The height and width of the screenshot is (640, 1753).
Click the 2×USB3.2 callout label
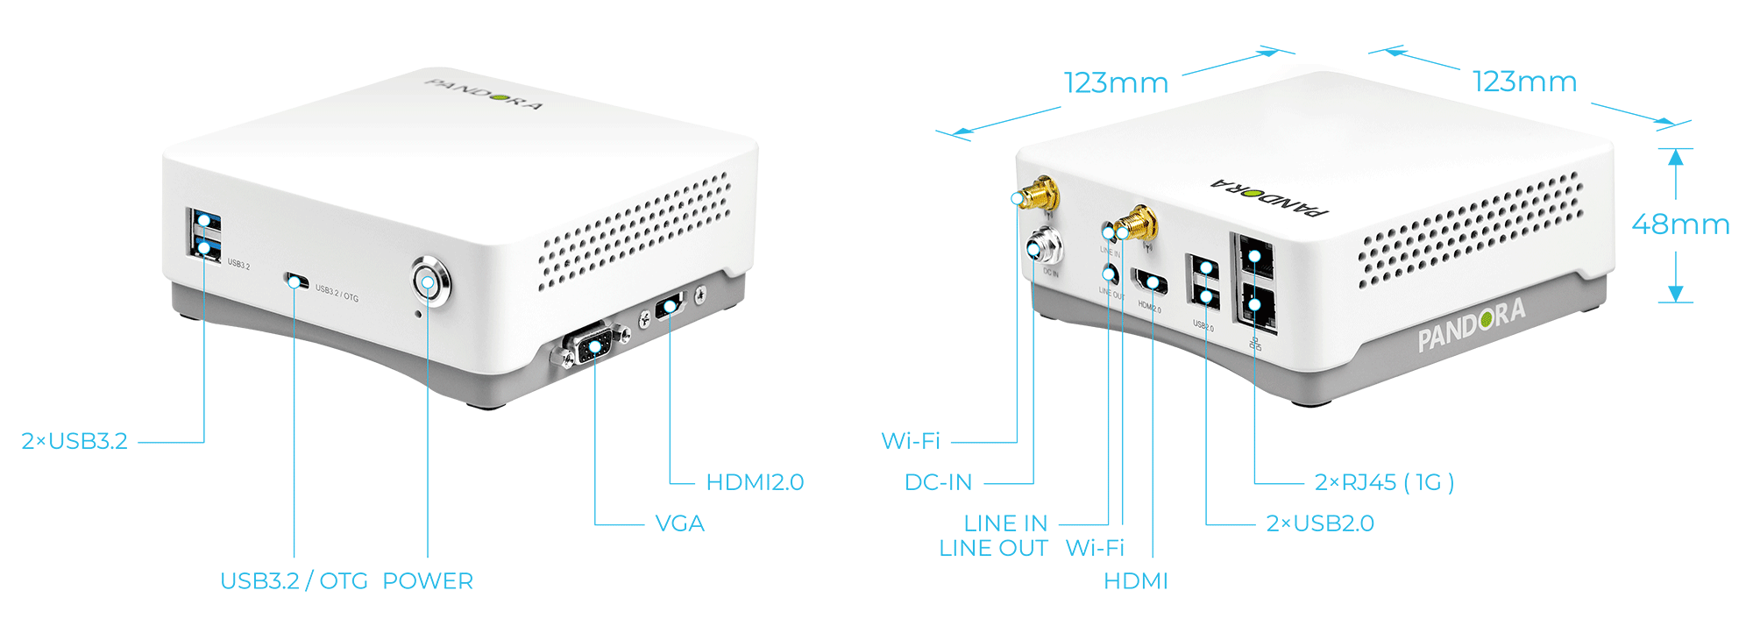coord(75,441)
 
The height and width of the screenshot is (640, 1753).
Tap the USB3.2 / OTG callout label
coord(294,581)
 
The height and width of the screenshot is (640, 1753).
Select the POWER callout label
coord(428,581)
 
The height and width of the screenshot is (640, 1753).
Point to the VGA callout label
coord(680,524)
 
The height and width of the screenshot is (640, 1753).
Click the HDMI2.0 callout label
coord(755,482)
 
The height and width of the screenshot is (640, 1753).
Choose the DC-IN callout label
coord(938,482)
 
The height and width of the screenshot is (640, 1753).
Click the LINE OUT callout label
coord(993,549)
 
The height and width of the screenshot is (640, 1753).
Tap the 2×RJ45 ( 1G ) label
coord(1384,482)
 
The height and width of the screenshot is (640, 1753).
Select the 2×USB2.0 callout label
coord(1320,524)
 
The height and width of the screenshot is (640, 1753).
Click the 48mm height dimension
coord(1680,224)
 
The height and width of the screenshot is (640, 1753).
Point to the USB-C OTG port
coord(296,281)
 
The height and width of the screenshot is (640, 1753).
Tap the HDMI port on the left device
coord(670,307)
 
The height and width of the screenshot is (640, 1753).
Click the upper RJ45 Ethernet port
coord(1254,256)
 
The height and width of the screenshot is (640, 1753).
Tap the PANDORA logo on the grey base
coord(1472,324)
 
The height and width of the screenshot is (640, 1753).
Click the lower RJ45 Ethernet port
coord(1255,306)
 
